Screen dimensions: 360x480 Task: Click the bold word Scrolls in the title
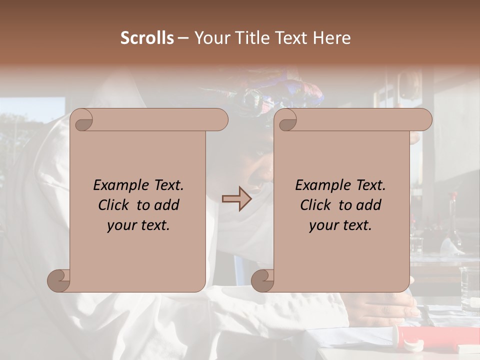tap(147, 38)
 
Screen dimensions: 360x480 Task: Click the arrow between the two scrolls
tap(236, 199)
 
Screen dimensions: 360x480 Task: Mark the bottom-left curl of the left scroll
tap(59, 280)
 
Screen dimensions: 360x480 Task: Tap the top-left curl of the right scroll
tap(287, 120)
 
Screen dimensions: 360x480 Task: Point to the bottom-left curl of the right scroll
tap(263, 280)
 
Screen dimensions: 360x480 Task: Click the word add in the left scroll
tap(167, 205)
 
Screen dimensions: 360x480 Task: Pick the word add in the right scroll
tap(369, 205)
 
